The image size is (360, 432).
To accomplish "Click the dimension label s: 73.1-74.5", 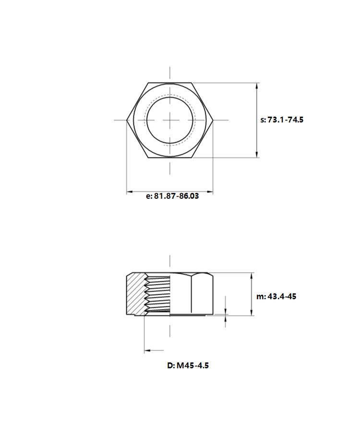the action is tap(282, 120).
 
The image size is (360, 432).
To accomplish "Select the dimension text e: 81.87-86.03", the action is tap(172, 196).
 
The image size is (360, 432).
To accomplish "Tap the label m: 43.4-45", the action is tap(276, 297).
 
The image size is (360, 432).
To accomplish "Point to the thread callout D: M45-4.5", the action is tap(188, 366).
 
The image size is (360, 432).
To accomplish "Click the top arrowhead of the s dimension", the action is tap(257, 86).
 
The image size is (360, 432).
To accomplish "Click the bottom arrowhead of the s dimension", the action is tap(257, 155).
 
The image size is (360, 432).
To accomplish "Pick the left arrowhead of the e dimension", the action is tap(130, 192).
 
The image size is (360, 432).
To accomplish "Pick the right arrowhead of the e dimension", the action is tap(210, 192).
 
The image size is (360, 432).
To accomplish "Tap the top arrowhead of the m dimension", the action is tap(252, 276).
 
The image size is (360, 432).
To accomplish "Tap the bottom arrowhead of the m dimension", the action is tap(252, 312).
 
